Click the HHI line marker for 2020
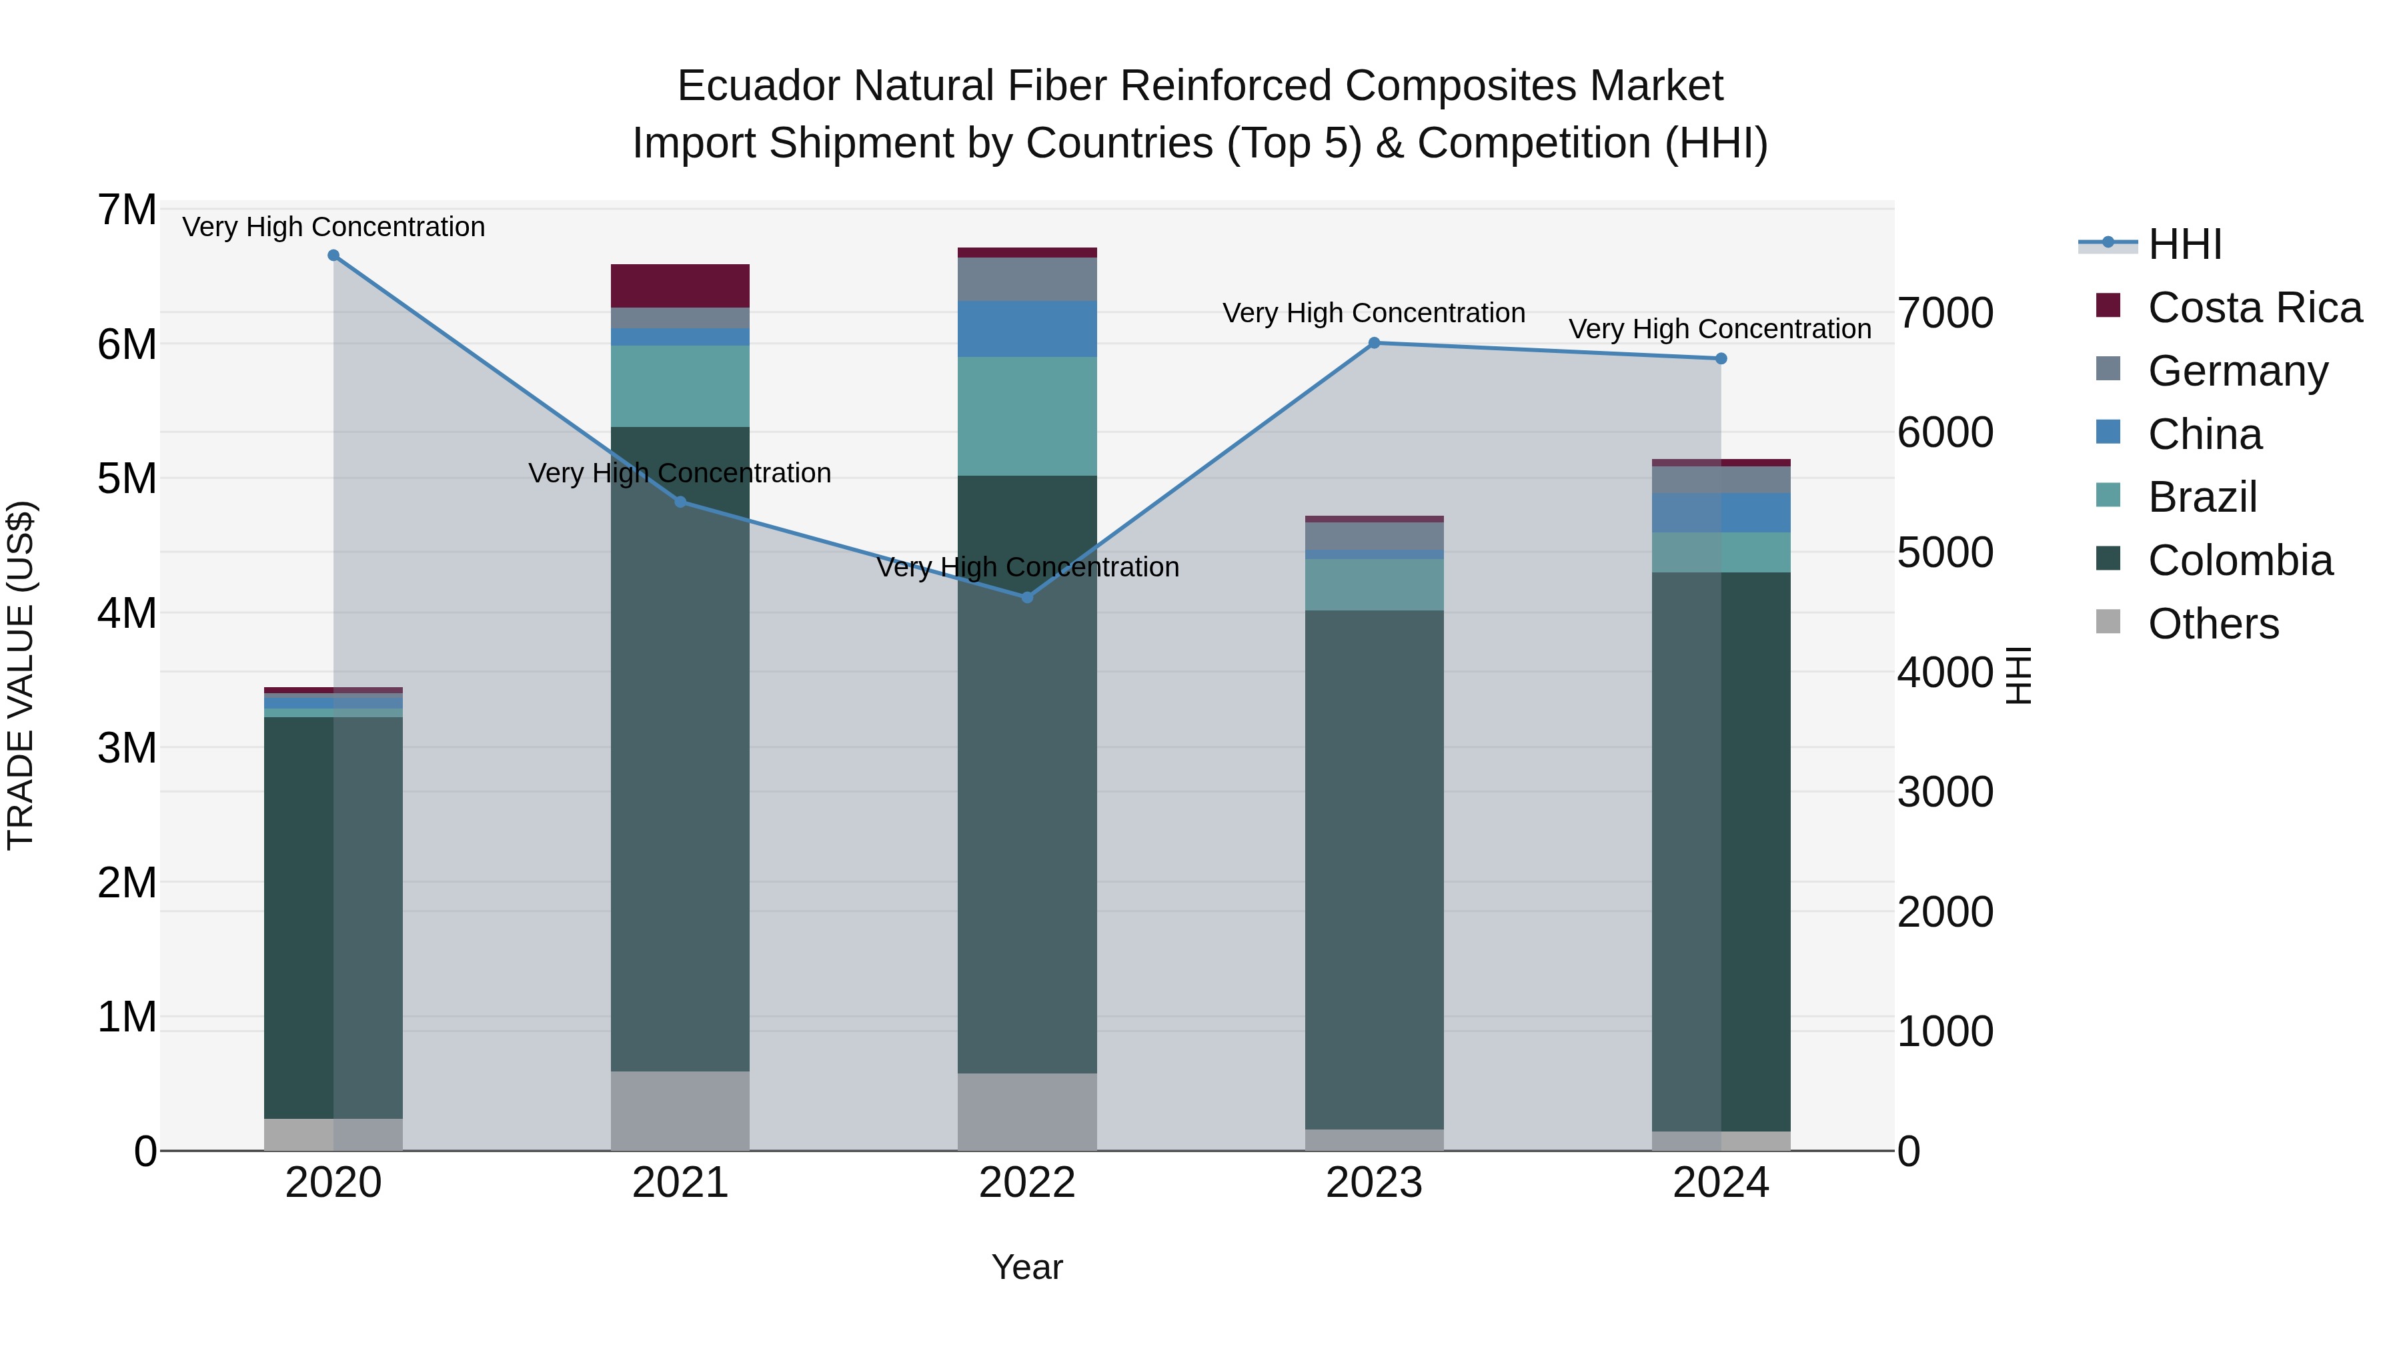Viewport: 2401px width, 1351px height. [333, 256]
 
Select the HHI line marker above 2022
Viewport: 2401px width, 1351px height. [1027, 598]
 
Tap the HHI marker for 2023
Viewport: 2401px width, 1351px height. [1374, 343]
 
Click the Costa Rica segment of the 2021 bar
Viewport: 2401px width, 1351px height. [680, 286]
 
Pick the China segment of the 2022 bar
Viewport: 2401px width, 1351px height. [1027, 329]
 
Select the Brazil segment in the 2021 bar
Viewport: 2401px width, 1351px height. [680, 387]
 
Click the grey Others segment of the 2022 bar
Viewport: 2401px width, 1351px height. [1027, 1111]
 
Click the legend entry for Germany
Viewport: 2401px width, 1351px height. [2237, 371]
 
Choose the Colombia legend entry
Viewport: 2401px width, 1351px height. [2240, 560]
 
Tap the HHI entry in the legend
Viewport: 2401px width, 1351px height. [2184, 244]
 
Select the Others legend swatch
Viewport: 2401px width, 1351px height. [2108, 622]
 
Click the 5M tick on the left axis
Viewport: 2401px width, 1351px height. [127, 479]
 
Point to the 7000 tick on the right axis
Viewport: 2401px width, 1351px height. [1945, 314]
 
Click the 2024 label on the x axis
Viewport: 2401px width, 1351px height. [1721, 1183]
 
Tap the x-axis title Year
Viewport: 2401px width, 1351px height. [1027, 1267]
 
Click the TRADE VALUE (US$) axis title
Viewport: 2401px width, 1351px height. [21, 675]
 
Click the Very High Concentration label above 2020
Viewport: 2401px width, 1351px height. [333, 227]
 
